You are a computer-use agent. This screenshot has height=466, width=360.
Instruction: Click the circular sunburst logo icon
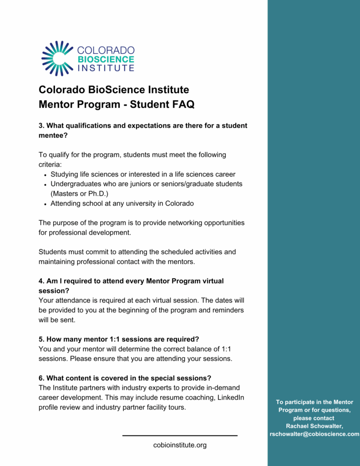(57, 58)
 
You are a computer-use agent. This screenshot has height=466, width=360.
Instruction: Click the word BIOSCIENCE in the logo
(106, 59)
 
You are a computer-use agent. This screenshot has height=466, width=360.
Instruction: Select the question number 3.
(41, 126)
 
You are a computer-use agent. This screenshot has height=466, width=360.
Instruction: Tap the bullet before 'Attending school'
(46, 204)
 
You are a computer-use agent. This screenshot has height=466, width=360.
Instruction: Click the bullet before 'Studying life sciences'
(46, 175)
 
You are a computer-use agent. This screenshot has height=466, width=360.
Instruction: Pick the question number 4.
(41, 281)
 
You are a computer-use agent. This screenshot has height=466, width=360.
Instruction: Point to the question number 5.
(41, 339)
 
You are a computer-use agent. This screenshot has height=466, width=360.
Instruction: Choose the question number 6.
(41, 378)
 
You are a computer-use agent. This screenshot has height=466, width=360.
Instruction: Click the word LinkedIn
(230, 398)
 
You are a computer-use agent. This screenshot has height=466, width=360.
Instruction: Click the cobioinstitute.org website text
(180, 445)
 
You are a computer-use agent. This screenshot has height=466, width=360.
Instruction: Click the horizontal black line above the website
(180, 436)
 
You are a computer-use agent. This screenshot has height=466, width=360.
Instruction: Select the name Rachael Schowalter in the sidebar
(314, 426)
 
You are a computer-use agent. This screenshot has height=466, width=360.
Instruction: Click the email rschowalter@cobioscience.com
(314, 434)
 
